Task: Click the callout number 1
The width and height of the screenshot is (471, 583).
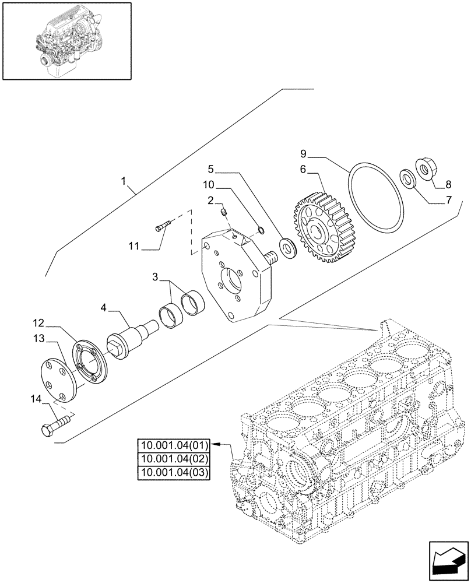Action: [x=124, y=182]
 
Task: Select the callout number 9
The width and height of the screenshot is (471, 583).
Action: [x=303, y=154]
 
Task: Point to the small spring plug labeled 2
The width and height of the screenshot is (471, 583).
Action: [x=224, y=216]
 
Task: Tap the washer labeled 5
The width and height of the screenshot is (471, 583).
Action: [x=288, y=247]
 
